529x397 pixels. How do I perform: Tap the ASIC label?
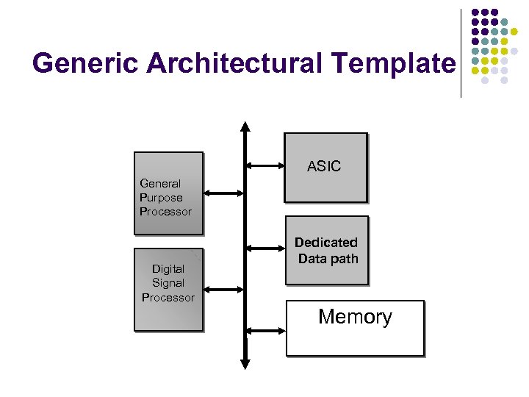(x=324, y=166)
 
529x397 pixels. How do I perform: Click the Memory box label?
(x=355, y=318)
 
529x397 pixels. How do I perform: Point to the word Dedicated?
(x=326, y=243)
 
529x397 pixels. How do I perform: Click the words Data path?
(x=328, y=259)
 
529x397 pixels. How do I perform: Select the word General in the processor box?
(x=160, y=183)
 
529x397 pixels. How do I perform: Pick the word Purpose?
(x=161, y=197)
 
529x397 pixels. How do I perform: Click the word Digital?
(x=168, y=269)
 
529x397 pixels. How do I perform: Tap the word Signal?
(x=168, y=283)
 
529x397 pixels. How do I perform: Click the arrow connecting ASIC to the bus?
(x=266, y=165)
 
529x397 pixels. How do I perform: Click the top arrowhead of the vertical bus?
(x=245, y=127)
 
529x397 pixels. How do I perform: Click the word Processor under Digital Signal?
(x=168, y=298)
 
